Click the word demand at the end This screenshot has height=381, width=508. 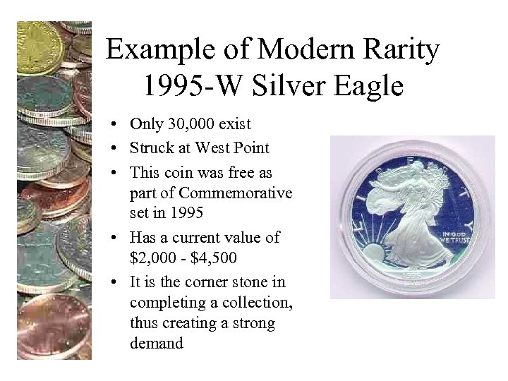pos(156,344)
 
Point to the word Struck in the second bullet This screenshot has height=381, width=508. pos(148,148)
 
